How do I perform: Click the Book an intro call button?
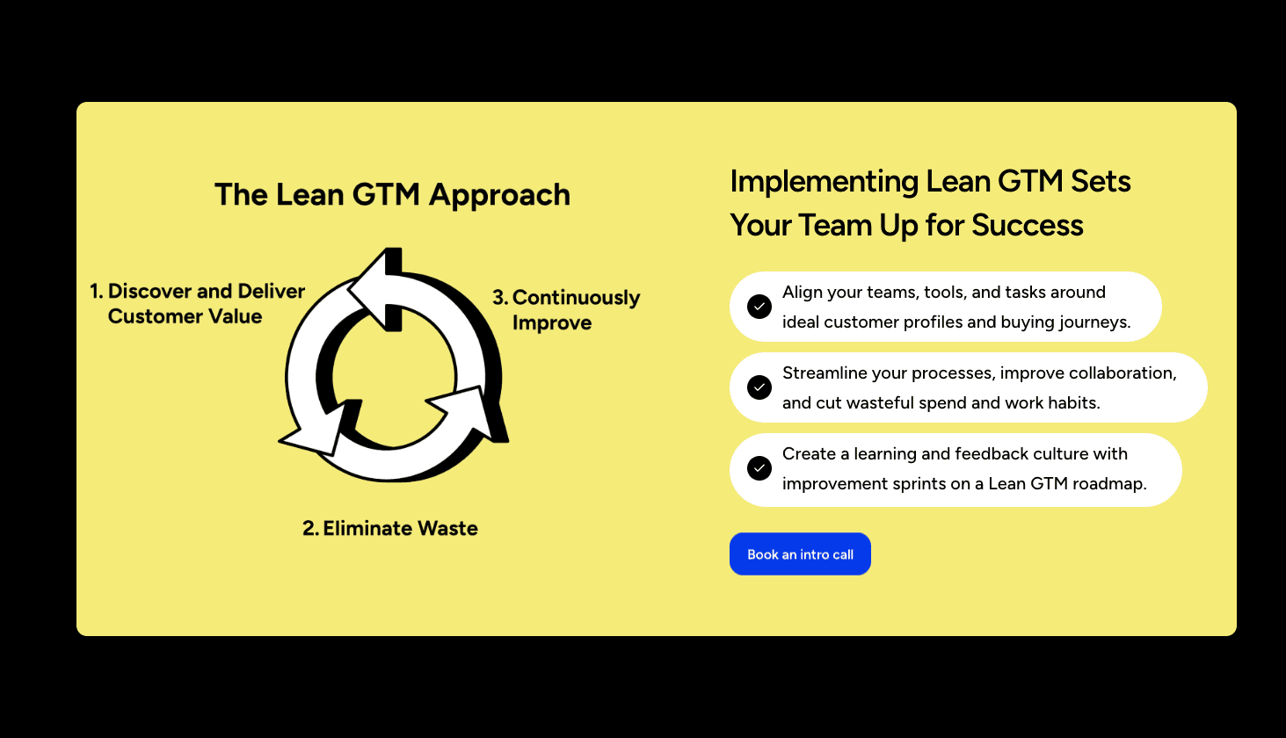[x=800, y=554]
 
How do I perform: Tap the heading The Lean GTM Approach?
[x=392, y=195]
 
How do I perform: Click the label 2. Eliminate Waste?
[x=390, y=528]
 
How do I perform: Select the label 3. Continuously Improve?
[x=566, y=310]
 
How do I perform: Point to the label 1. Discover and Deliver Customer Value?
[x=197, y=303]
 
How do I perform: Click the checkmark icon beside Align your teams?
[x=759, y=307]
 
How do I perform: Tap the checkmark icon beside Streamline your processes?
[x=759, y=387]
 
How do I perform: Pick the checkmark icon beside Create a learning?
[x=759, y=468]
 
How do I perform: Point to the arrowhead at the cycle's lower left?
[x=316, y=430]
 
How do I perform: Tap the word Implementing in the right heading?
[x=825, y=182]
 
